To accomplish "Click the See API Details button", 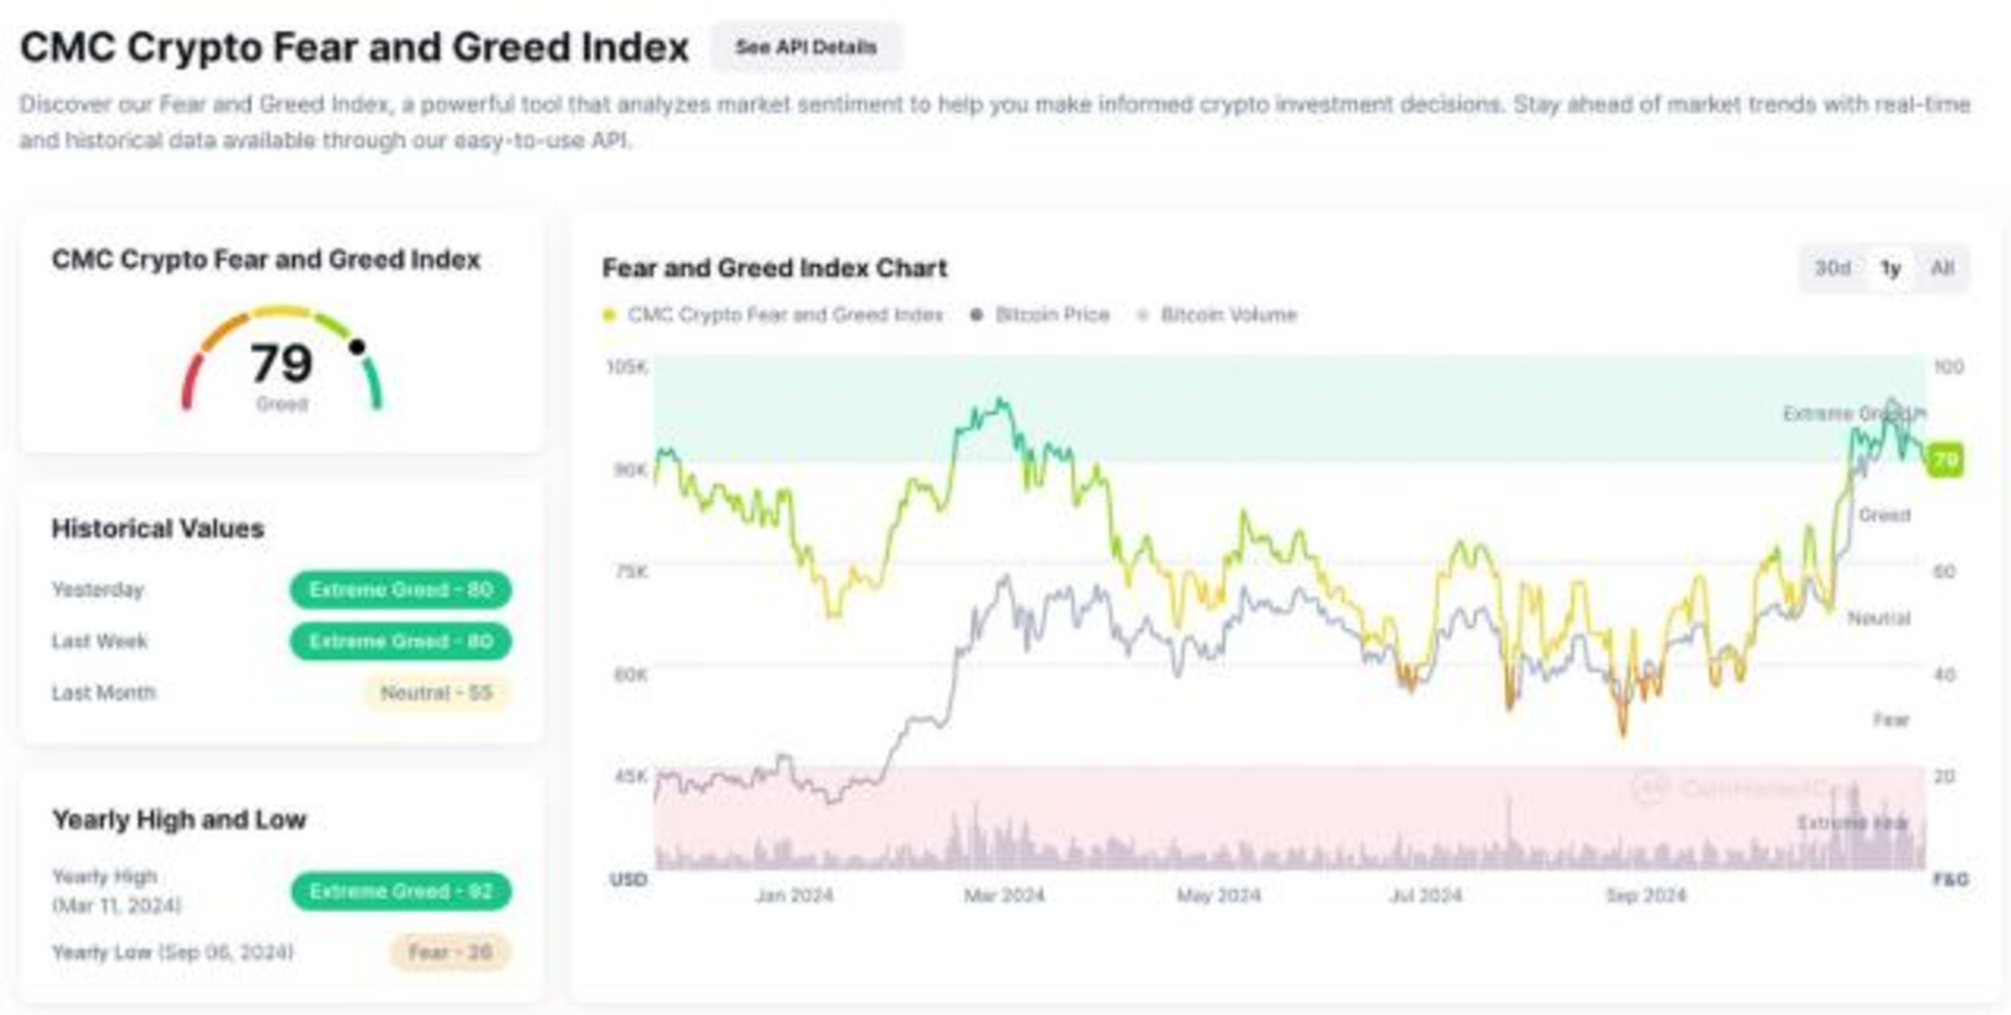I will click(806, 47).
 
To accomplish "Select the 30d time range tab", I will click(1832, 268).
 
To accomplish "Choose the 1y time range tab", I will click(1890, 268).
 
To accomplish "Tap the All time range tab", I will click(1942, 268).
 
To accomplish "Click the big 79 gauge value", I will click(282, 363).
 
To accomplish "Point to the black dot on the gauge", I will click(357, 347).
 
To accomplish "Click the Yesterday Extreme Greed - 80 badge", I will click(400, 590).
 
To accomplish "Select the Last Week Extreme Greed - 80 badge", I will click(400, 641).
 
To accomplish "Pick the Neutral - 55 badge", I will click(436, 693).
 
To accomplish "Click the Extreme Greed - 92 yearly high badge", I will click(400, 891).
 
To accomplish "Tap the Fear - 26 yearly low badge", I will click(450, 952).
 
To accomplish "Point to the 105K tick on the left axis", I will click(627, 367).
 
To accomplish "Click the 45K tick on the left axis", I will click(631, 777).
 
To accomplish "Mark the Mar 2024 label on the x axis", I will click(1004, 895).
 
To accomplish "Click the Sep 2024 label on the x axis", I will click(1646, 895).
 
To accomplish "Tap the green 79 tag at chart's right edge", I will click(1945, 460).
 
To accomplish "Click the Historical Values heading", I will click(158, 529).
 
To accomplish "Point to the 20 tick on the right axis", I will click(1945, 777).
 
